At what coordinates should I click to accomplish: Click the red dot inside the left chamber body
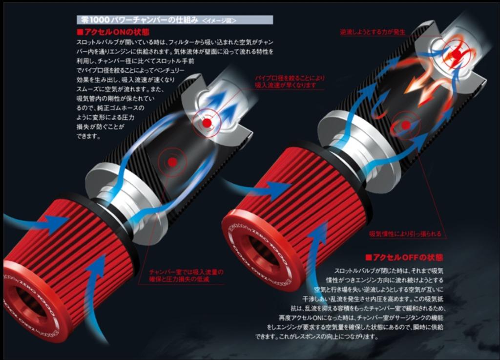pyautogui.click(x=171, y=162)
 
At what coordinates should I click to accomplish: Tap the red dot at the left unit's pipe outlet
pyautogui.click(x=207, y=123)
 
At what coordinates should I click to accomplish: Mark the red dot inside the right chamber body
pyautogui.click(x=405, y=125)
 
